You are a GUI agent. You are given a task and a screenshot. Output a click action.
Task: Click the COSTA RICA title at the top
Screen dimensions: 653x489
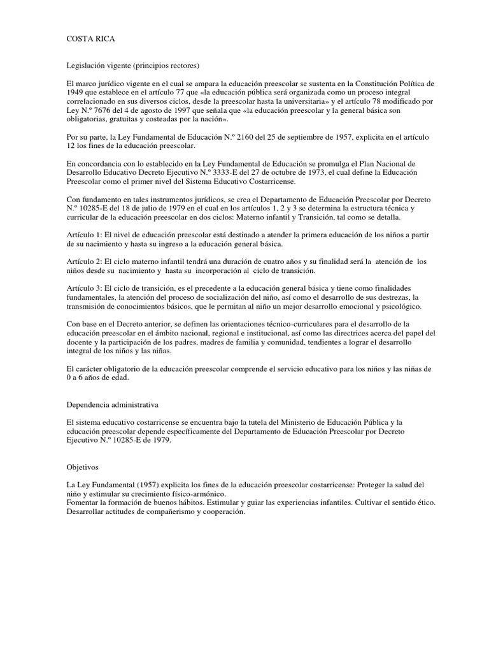(x=91, y=39)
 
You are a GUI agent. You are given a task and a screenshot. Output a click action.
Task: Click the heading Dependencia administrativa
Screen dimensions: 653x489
(x=113, y=404)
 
